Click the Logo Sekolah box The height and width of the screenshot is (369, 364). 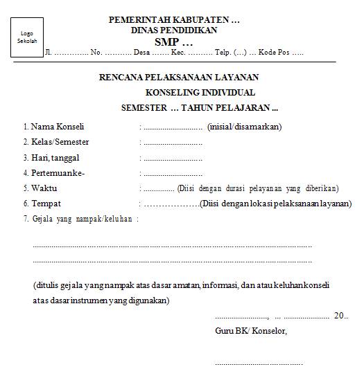pyautogui.click(x=27, y=37)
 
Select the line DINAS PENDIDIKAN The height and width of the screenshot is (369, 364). pyautogui.click(x=174, y=30)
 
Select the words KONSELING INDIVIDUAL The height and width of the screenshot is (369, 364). pyautogui.click(x=200, y=93)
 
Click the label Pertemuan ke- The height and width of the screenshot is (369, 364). pyautogui.click(x=58, y=172)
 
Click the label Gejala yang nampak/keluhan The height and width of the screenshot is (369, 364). pyautogui.click(x=82, y=219)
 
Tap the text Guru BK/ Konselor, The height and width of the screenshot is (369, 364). pyautogui.click(x=251, y=330)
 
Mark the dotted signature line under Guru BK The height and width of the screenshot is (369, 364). pyautogui.click(x=259, y=362)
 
